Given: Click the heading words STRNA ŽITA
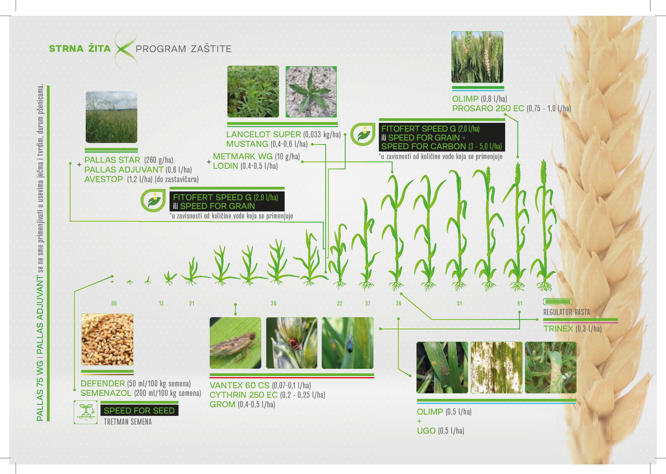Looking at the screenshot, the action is point(80,49).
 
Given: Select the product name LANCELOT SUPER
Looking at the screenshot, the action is point(263,135).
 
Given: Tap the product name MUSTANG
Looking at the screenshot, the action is point(247,144).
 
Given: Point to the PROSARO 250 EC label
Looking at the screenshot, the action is point(488,109).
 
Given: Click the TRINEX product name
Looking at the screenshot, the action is point(558,329).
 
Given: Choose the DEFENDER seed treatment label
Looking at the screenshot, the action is point(103,384).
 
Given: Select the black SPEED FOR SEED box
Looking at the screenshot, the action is point(139,410).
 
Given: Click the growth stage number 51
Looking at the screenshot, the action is point(459,304).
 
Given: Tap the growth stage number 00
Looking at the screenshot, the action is point(114,304).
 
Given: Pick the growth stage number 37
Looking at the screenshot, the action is point(368,304).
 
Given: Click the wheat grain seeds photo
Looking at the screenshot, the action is point(107,339).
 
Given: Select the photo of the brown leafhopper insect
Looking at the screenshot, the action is point(235,343).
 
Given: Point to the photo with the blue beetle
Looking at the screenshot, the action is point(347,343).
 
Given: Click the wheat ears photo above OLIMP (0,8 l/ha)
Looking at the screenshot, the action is point(477,57).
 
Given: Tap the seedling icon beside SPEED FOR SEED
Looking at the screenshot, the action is point(85,412).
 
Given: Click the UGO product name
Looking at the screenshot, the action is point(426,431).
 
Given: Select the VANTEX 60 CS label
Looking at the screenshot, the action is point(239,385).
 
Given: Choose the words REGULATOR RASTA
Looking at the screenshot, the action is point(566,312).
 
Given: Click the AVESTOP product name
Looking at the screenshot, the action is point(104,179).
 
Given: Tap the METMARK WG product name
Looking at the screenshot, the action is point(243,157).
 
